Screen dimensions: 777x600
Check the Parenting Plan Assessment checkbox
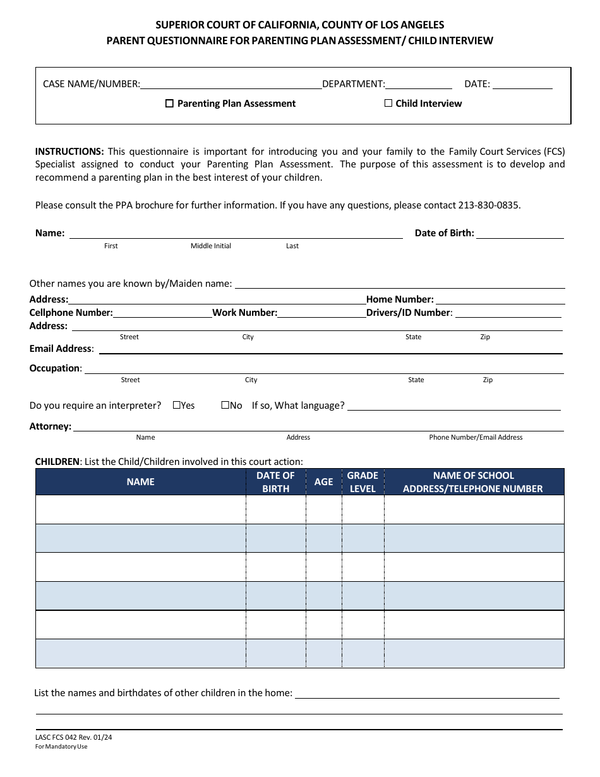[x=169, y=104]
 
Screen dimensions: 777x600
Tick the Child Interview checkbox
[x=388, y=103]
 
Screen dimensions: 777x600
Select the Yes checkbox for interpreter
[x=176, y=405]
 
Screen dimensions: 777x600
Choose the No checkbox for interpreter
[x=225, y=405]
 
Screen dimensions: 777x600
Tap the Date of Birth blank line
[x=520, y=233]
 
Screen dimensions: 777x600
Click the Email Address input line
[x=330, y=349]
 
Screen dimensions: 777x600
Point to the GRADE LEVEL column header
[x=363, y=481]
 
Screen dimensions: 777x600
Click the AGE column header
[x=323, y=481]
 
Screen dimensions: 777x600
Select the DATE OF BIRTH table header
[x=275, y=481]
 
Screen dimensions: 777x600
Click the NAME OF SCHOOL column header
[x=473, y=481]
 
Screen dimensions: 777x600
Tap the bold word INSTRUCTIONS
[x=69, y=152]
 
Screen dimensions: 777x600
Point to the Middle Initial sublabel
[x=211, y=246]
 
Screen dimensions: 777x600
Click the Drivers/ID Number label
[x=409, y=313]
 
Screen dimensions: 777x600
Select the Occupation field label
[x=55, y=368]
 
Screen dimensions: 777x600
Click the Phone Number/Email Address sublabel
[x=476, y=437]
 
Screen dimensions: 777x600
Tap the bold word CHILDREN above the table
[x=57, y=462]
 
